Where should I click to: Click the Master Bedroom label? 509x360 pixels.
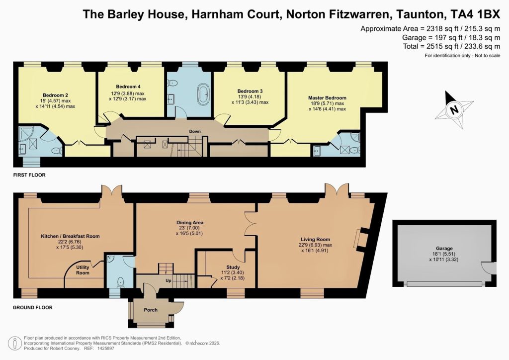(327, 98)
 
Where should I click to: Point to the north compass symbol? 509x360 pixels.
(453, 108)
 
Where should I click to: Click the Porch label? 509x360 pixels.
(151, 310)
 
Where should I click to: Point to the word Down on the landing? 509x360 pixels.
(194, 132)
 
